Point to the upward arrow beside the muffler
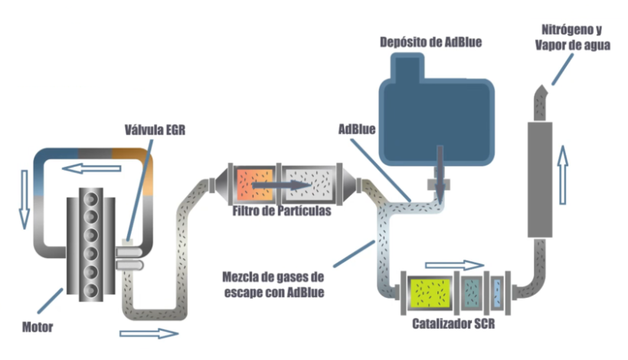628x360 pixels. click(563, 175)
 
